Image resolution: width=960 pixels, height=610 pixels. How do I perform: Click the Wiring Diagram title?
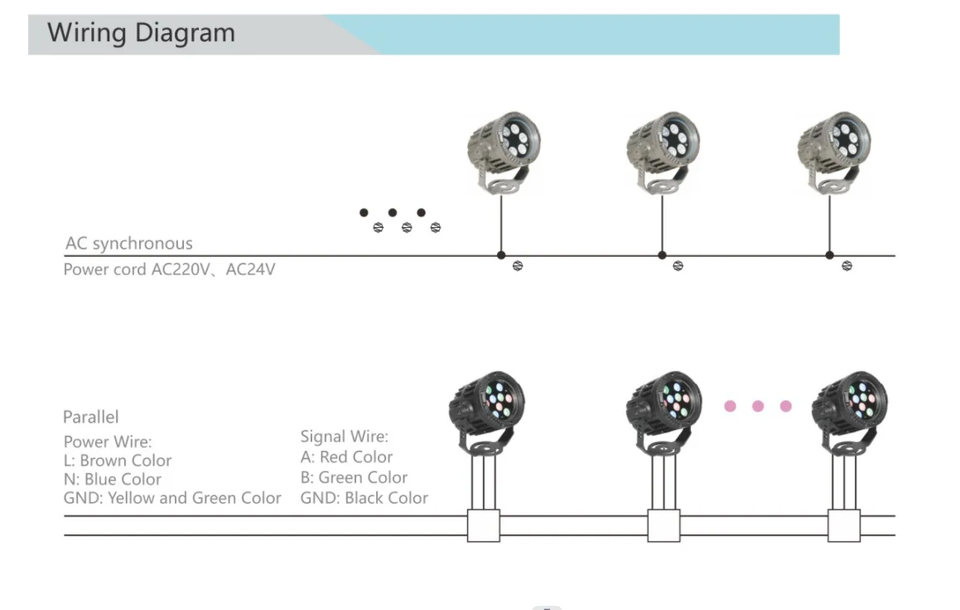[142, 33]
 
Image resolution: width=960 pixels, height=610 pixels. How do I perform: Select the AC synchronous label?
[128, 244]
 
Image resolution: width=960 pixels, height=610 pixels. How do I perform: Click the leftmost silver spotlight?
[501, 148]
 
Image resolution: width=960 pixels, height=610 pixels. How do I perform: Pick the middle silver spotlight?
[662, 148]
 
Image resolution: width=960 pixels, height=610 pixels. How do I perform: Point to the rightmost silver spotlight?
[832, 148]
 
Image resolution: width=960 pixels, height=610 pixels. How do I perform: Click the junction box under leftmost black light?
[484, 525]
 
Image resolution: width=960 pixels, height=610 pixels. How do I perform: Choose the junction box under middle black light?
[663, 525]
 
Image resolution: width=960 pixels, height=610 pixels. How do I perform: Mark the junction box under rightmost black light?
[844, 525]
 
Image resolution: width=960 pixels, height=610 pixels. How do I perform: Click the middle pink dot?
[758, 406]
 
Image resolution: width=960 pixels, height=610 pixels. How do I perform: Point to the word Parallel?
[91, 417]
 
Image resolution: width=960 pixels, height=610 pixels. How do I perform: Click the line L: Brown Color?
[118, 461]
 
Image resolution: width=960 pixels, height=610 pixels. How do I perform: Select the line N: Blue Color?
[113, 479]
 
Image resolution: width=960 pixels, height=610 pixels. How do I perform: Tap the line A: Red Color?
[346, 457]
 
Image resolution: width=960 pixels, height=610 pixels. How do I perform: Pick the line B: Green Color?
[354, 477]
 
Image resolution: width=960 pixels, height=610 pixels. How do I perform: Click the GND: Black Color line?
[364, 498]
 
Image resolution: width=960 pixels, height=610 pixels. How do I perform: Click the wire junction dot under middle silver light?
[662, 255]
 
